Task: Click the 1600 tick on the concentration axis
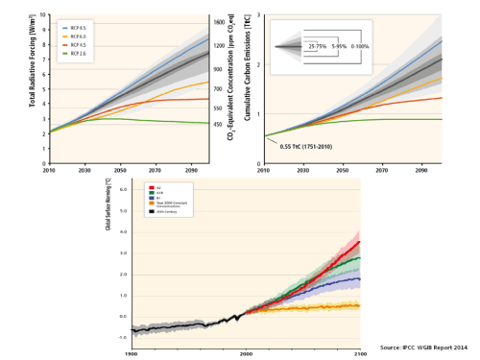coord(220,22)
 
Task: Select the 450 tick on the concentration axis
coord(218,123)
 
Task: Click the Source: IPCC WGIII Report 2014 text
coord(422,347)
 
